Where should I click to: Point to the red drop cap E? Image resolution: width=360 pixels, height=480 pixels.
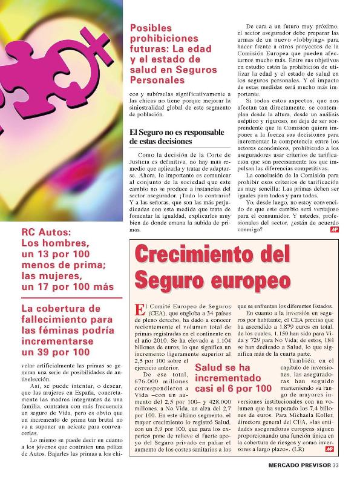(140, 309)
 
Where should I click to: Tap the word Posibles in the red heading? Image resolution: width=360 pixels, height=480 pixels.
(151, 28)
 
